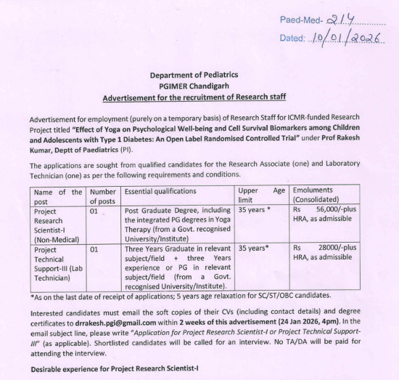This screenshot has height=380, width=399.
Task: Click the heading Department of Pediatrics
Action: pyautogui.click(x=194, y=75)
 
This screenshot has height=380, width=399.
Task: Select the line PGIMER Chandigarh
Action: pyautogui.click(x=194, y=86)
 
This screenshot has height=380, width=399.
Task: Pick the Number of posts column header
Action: pyautogui.click(x=103, y=196)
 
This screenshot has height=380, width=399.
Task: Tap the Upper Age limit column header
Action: pyautogui.click(x=261, y=196)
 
